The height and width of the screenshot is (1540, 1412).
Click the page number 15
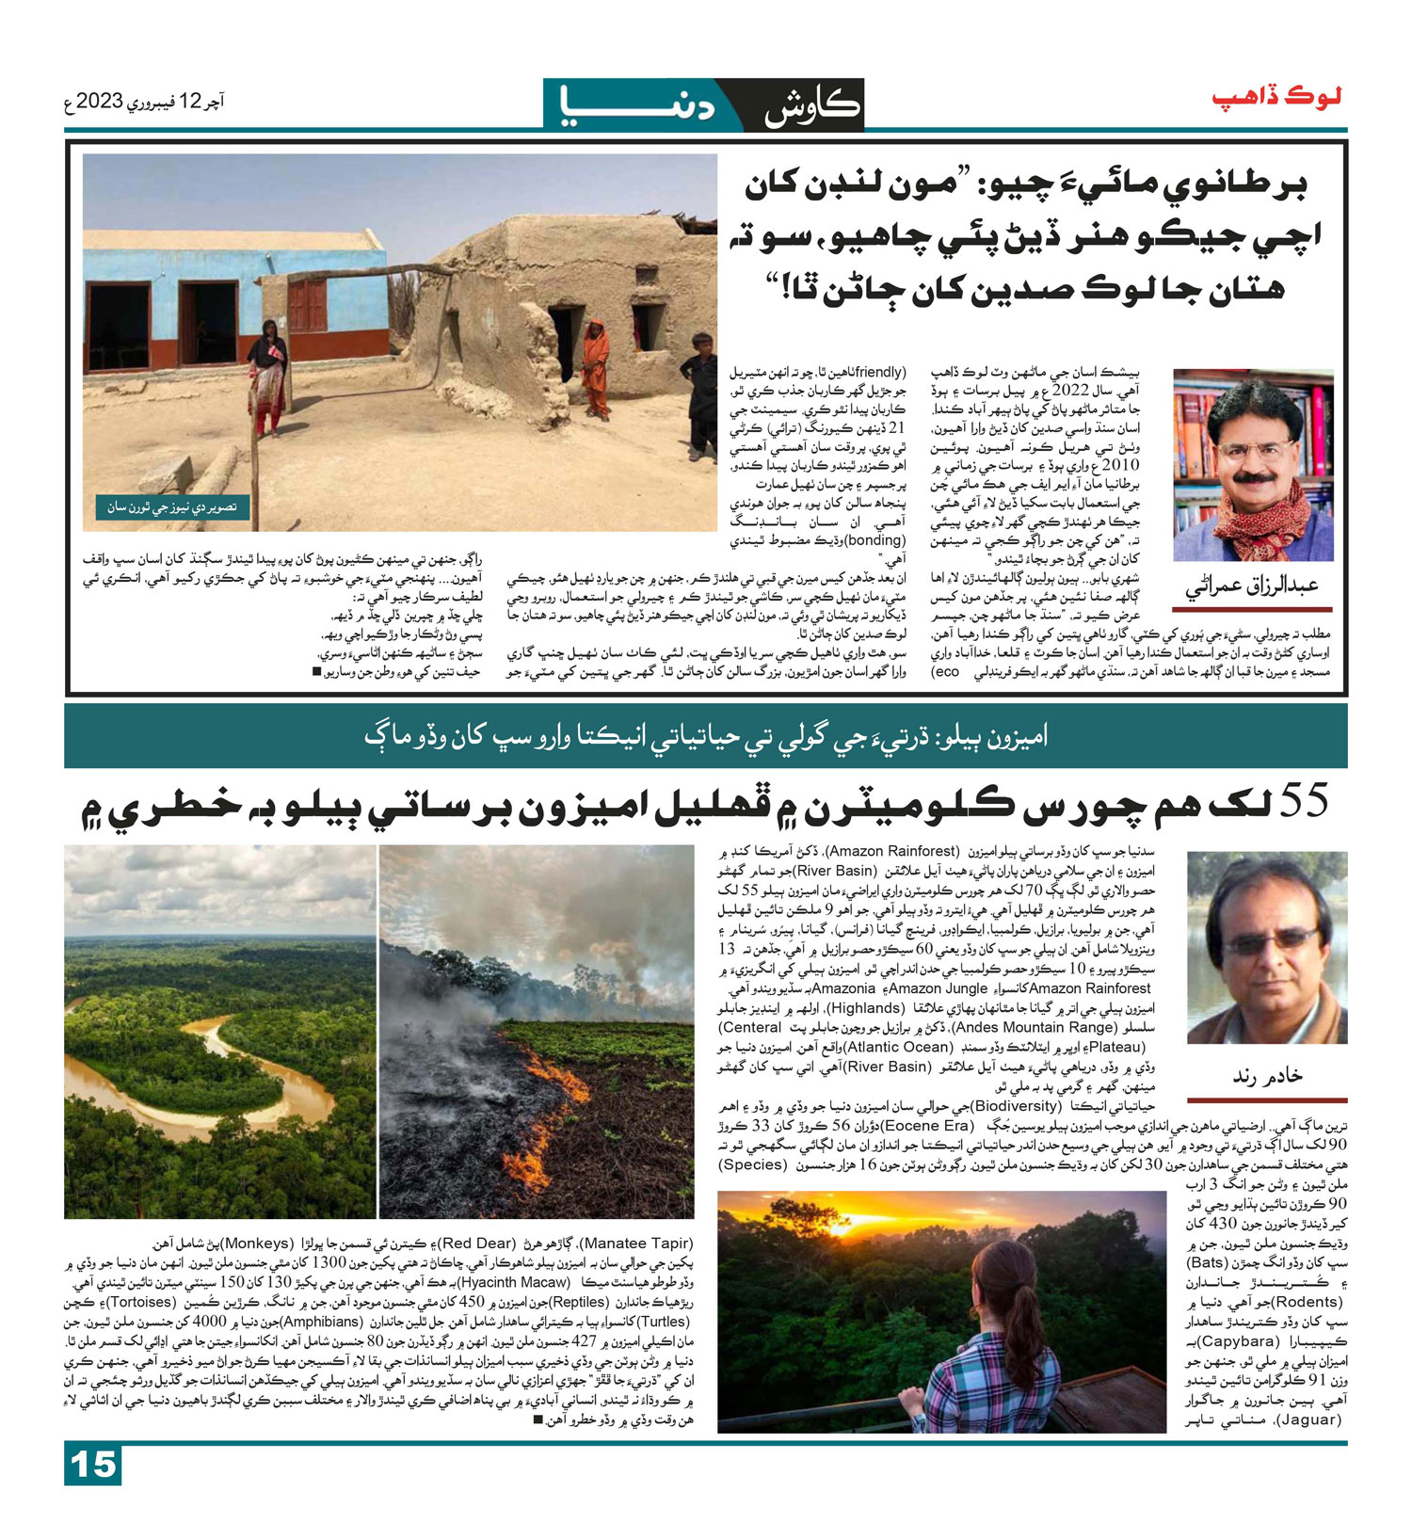(93, 1465)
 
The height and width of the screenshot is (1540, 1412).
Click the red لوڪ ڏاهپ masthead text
(1276, 98)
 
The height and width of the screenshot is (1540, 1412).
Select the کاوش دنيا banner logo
(703, 104)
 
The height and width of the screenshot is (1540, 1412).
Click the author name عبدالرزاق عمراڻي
(1251, 586)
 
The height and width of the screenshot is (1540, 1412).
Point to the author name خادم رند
(1267, 1075)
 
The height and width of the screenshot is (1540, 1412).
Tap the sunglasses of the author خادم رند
(1272, 940)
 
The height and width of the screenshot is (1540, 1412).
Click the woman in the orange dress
(595, 367)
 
